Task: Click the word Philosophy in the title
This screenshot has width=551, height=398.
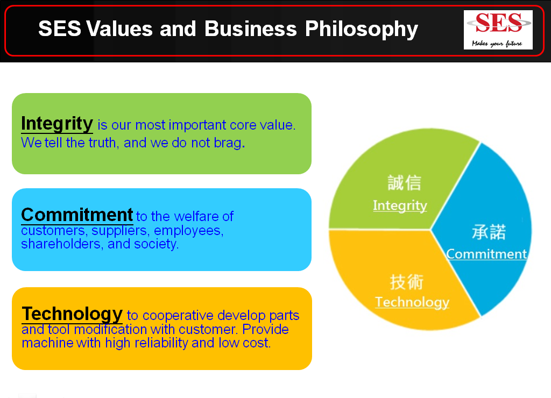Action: [x=361, y=30]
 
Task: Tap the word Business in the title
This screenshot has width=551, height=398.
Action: [x=251, y=29]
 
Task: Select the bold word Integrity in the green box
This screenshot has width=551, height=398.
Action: [x=57, y=124]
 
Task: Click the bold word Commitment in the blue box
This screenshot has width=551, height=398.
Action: [x=77, y=215]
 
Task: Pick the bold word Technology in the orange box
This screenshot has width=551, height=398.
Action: [x=73, y=314]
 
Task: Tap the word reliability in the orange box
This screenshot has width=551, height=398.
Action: [x=161, y=343]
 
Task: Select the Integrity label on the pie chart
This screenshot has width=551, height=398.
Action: [x=400, y=205]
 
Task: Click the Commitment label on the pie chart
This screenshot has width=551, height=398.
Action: [x=486, y=254]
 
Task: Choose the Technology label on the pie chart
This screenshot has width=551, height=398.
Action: [x=412, y=302]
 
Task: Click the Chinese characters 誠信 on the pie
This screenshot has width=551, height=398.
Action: [x=404, y=183]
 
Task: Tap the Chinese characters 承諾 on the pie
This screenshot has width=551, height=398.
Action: [x=489, y=232]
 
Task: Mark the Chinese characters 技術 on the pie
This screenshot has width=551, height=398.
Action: [x=407, y=282]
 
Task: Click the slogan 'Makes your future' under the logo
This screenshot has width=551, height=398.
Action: [x=497, y=44]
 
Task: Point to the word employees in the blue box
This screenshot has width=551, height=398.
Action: [x=189, y=231]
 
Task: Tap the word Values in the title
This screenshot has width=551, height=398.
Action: [x=119, y=29]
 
